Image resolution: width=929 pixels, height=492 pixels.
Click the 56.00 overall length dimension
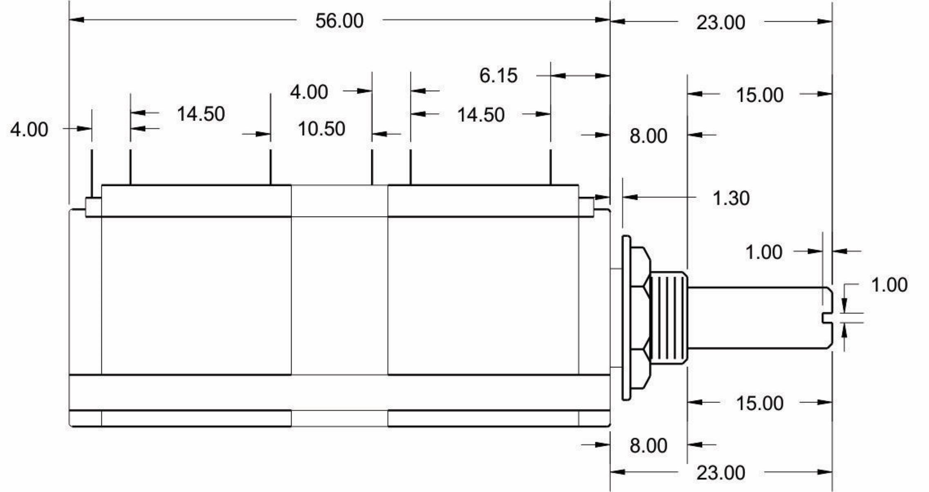339,21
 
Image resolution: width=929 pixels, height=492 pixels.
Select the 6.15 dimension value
498,76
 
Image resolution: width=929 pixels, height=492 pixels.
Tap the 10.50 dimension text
321,129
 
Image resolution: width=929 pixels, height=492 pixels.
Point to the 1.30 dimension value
731,198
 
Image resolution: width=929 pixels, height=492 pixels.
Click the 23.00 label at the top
720,22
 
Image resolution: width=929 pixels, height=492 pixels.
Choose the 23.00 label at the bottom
720,473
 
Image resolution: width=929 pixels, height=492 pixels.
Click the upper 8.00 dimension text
648,136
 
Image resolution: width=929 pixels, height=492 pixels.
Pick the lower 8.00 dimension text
648,445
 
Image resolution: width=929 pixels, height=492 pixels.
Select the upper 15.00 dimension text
759,95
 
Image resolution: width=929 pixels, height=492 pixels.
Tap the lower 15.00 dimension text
759,403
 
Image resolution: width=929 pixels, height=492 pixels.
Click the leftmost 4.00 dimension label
29,130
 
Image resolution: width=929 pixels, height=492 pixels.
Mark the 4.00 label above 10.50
309,92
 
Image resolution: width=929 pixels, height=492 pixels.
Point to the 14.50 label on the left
200,114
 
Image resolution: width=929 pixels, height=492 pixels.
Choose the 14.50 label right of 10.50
480,115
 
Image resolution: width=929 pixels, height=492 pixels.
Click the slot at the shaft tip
827,318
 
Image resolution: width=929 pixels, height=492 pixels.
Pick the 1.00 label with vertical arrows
889,285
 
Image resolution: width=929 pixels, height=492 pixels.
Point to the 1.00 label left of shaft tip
763,252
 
